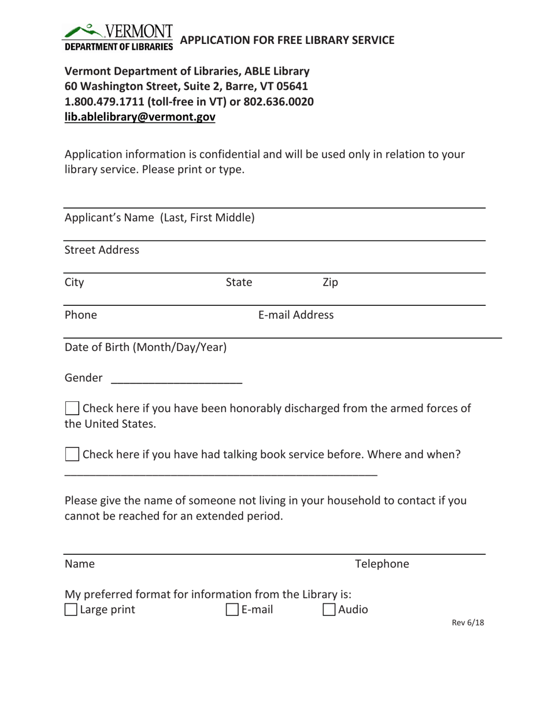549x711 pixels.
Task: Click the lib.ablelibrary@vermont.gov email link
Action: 140,117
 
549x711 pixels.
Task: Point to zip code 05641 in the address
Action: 282,87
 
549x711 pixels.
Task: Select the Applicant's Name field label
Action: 159,219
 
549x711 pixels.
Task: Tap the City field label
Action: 75,283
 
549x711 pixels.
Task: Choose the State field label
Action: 238,283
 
